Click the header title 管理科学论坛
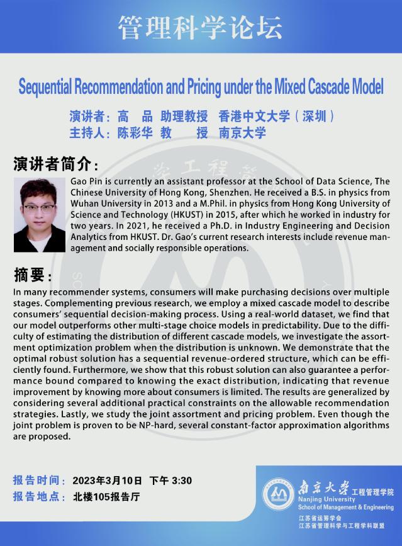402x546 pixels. pyautogui.click(x=201, y=26)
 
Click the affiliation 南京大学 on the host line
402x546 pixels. pyautogui.click(x=242, y=133)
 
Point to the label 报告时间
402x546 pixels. pyautogui.click(x=38, y=481)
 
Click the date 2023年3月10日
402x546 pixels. pyautogui.click(x=107, y=481)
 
